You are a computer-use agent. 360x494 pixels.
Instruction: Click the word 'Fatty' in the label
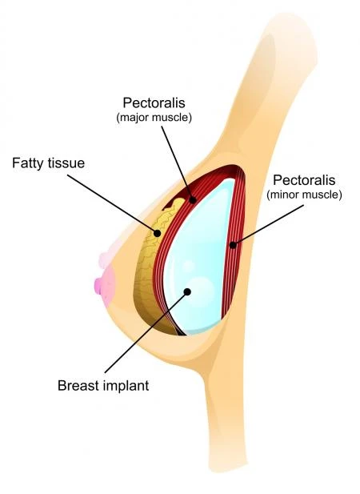[x=28, y=163]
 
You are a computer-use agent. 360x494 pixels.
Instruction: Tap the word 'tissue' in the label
[x=66, y=163]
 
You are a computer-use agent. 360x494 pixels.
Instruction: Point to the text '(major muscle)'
[x=154, y=118]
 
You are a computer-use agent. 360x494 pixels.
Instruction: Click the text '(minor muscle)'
[x=304, y=195]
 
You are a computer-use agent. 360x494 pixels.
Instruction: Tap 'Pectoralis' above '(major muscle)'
[x=154, y=102]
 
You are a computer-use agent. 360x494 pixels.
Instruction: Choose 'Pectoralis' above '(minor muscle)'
[x=304, y=180]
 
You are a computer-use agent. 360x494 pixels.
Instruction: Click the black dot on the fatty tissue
[x=157, y=233]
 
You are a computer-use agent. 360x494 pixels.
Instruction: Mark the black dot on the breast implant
[x=187, y=291]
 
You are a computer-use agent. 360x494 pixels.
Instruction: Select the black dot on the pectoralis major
[x=193, y=199]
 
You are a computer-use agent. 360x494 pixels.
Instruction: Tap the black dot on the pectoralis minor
[x=233, y=244]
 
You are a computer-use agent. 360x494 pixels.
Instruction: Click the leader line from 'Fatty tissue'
[x=112, y=204]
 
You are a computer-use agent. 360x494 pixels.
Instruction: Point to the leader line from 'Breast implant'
[x=146, y=332]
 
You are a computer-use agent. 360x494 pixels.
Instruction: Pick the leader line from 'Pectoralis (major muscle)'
[x=177, y=163]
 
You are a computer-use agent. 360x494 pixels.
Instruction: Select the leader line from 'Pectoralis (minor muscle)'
[x=269, y=225]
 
